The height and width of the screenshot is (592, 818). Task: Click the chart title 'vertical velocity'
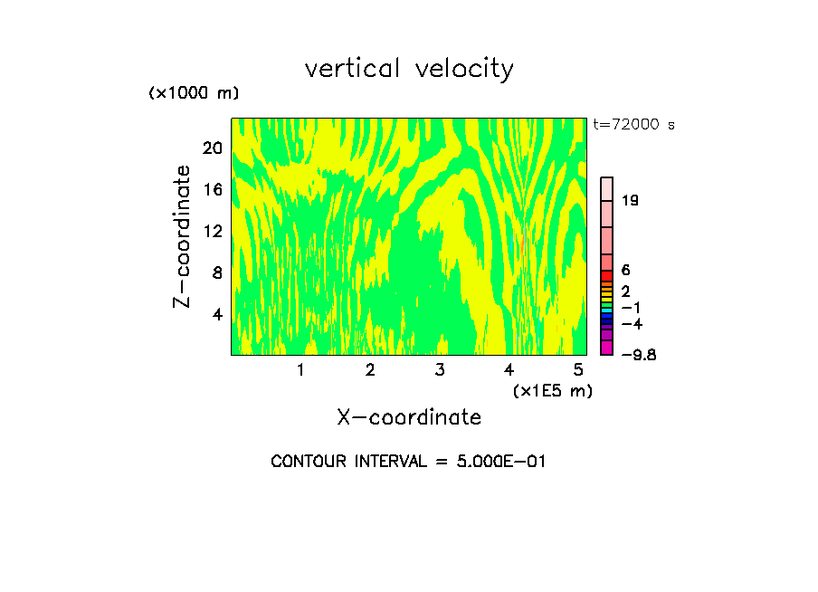coord(409,69)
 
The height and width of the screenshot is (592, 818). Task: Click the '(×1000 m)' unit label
coord(193,94)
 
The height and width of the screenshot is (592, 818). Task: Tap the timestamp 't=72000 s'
coord(634,125)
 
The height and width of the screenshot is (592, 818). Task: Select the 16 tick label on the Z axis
coord(211,189)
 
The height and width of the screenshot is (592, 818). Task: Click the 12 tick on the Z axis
coord(211,231)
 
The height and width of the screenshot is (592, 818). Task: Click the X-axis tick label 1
coord(300,369)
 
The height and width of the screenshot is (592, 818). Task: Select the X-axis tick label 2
coord(370,369)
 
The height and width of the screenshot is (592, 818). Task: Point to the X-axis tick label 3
coord(440,369)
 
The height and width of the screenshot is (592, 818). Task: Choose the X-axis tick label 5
coord(578,369)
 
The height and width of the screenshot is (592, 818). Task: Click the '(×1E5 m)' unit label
coord(552,390)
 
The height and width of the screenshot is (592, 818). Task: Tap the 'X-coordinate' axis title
coord(409,417)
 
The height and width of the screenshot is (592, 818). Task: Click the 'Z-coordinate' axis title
coord(183,236)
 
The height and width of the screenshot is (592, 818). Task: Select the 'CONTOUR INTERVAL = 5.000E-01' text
coord(409,462)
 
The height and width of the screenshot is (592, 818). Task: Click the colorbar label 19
coord(630,201)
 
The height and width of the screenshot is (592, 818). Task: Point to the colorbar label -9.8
coord(638,355)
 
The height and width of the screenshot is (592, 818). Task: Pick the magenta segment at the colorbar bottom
coord(607,348)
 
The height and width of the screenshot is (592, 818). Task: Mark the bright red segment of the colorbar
coord(607,275)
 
